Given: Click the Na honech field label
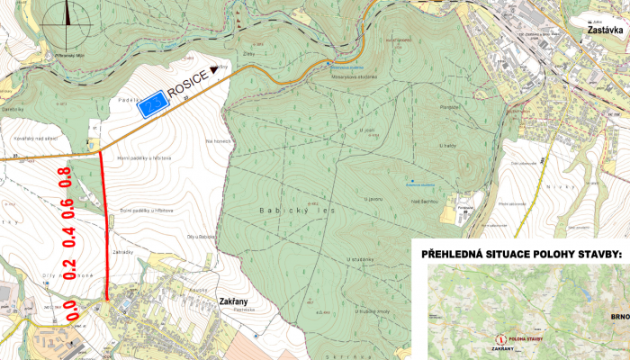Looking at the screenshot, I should pyautogui.click(x=220, y=140).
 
